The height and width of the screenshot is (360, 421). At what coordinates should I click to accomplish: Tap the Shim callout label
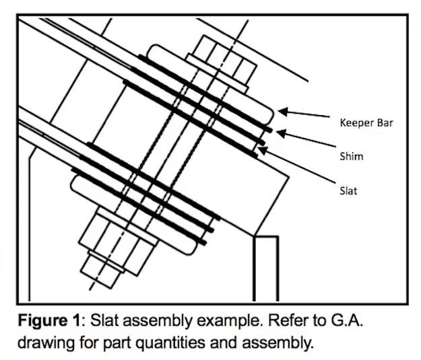[351, 155]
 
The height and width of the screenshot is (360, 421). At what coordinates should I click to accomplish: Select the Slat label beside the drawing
[348, 190]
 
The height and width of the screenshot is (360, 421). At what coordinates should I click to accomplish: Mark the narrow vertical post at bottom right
[265, 269]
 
